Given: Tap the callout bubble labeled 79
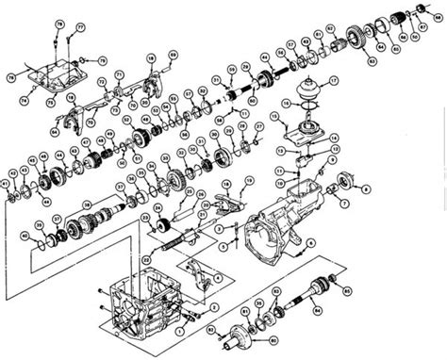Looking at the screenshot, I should click(x=58, y=21).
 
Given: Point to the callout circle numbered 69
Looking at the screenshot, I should click(x=173, y=57).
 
